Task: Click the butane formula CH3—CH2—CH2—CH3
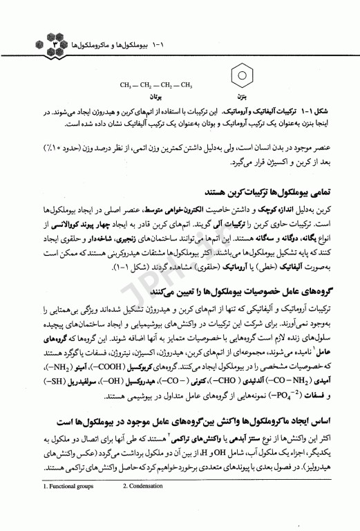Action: click(156, 86)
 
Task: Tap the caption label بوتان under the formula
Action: click(156, 98)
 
